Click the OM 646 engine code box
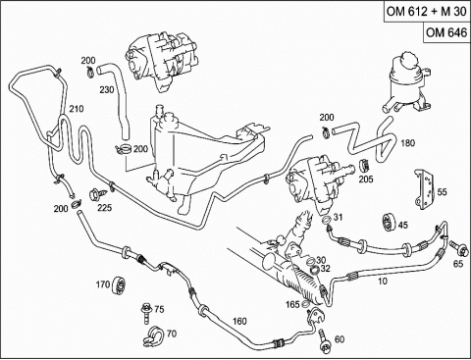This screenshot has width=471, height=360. [446, 32]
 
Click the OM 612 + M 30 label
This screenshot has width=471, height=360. [427, 11]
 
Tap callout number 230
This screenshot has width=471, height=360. [107, 89]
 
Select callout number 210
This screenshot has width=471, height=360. [77, 109]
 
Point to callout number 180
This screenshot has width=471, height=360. [407, 143]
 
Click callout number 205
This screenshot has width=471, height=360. [366, 179]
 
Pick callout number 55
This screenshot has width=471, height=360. [442, 191]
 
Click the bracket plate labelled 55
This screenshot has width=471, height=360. [425, 189]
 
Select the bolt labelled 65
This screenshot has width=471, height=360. [458, 248]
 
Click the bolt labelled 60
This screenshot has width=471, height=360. [324, 340]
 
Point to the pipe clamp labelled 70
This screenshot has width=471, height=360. [153, 335]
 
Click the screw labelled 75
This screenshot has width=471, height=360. [146, 313]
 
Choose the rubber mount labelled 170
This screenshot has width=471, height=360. [120, 285]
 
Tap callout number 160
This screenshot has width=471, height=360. [239, 322]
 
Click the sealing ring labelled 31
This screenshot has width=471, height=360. [325, 220]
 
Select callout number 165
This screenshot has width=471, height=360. [292, 304]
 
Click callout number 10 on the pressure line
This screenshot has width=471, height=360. [383, 281]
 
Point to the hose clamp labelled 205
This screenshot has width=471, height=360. [364, 166]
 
